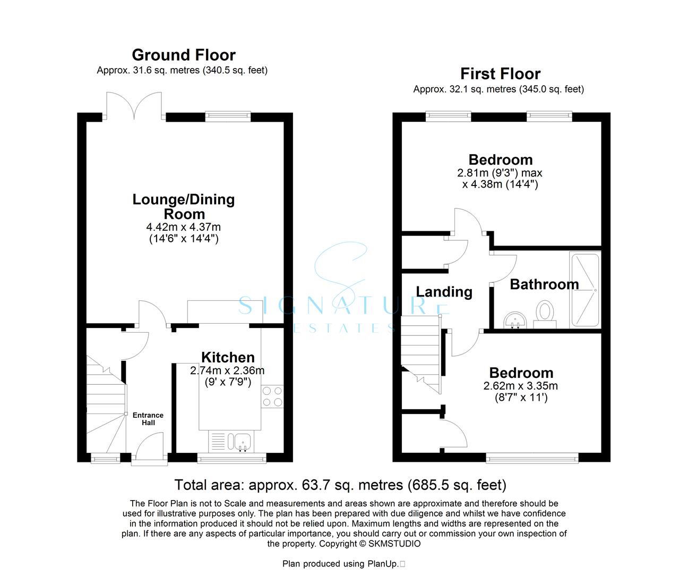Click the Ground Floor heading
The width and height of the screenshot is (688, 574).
click(x=184, y=55)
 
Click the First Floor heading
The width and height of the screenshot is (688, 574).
click(x=500, y=74)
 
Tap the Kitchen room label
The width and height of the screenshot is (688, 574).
click(x=228, y=357)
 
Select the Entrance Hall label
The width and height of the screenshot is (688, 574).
click(x=148, y=419)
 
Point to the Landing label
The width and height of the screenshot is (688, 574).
click(x=444, y=292)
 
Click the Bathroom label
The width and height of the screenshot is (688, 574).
click(x=544, y=284)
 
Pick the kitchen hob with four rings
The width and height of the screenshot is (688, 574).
click(x=272, y=396)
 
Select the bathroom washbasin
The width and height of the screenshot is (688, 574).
click(x=515, y=320)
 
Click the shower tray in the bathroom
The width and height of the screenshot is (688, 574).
click(x=585, y=290)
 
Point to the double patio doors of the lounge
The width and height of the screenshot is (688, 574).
click(x=134, y=106)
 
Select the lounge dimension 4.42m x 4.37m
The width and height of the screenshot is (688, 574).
click(x=184, y=227)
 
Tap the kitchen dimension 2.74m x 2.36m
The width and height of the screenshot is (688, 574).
click(x=227, y=370)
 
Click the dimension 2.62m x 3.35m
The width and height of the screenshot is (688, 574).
click(x=521, y=386)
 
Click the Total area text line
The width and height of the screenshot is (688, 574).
click(x=340, y=485)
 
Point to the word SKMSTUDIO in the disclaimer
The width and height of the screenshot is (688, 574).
click(x=394, y=544)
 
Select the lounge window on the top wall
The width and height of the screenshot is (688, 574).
click(x=228, y=116)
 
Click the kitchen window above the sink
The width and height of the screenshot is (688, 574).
click(x=231, y=458)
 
